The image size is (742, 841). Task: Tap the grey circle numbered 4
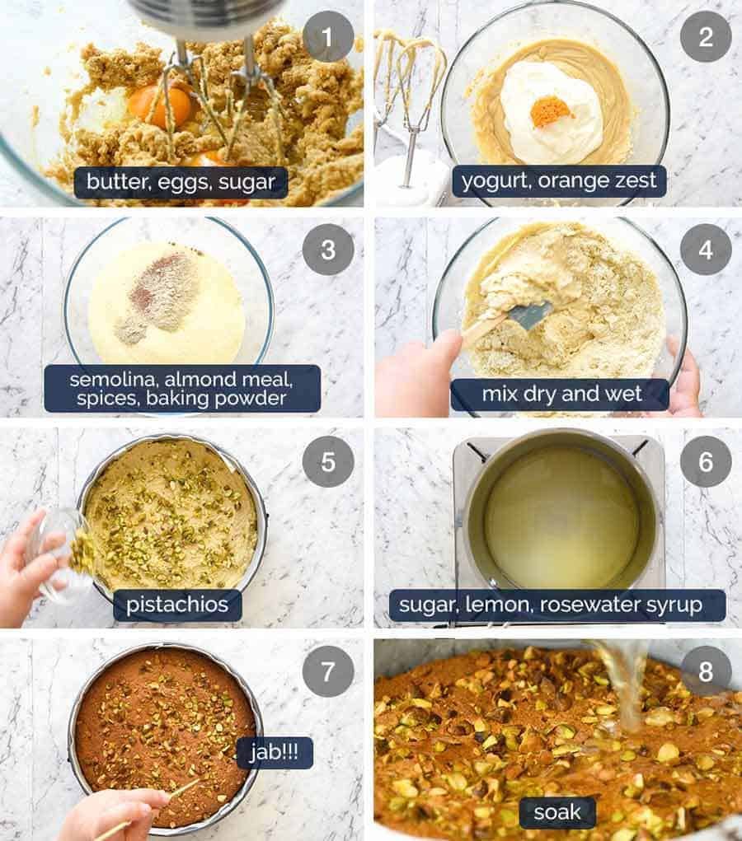click(706, 249)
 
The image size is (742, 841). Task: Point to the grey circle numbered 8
click(706, 670)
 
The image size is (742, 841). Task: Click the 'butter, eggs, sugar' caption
click(181, 182)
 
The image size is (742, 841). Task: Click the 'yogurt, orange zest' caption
click(559, 181)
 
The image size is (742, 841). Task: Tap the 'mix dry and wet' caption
click(559, 395)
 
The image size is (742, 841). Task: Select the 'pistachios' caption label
click(178, 605)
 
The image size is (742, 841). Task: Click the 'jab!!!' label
click(275, 753)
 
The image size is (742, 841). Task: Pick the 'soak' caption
click(556, 813)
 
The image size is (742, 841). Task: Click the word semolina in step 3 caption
click(110, 380)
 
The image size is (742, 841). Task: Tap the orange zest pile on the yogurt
click(550, 111)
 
